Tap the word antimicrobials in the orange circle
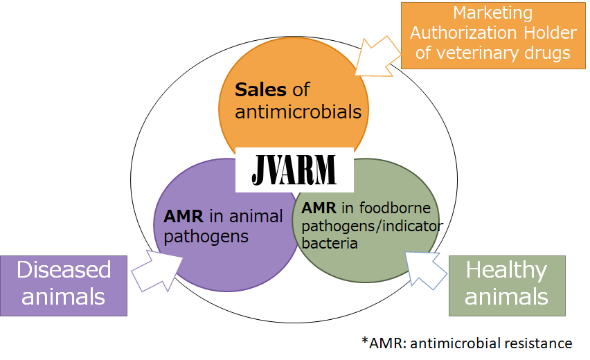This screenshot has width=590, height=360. tap(298, 112)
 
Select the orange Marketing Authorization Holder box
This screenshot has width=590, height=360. tap(492, 35)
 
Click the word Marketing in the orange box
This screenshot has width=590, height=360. tap(492, 13)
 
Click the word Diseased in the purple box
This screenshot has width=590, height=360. tap(64, 270)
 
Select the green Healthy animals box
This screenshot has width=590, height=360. tap(507, 285)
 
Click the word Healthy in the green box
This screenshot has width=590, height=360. tap(507, 269)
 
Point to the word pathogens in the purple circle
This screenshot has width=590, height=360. tap(206, 236)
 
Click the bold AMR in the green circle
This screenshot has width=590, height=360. tap(318, 208)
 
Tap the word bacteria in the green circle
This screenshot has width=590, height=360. tap(330, 243)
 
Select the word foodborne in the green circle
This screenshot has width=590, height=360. tap(393, 208)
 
